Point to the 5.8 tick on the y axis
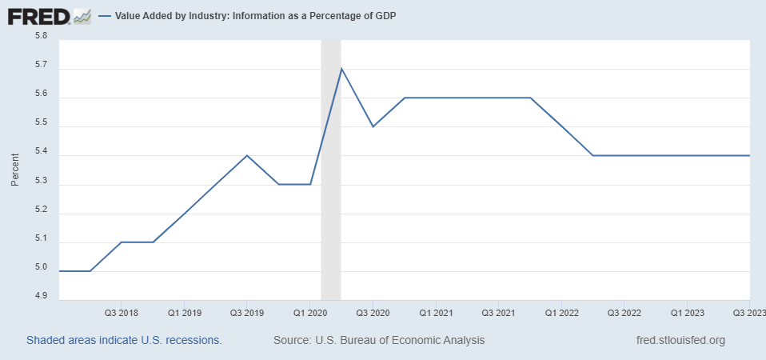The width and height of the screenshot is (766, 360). coord(42,36)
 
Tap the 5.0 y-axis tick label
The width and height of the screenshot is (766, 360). coord(42,268)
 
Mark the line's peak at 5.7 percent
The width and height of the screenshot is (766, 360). coord(341,69)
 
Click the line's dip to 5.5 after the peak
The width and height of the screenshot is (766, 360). coord(373,126)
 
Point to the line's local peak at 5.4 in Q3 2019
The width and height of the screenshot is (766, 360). coord(247,155)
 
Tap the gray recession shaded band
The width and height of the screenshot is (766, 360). coord(331,200)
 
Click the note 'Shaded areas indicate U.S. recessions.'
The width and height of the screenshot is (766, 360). coord(124,340)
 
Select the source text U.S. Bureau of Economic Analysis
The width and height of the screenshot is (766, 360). coord(379,340)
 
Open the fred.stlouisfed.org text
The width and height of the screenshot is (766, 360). coord(680,340)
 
